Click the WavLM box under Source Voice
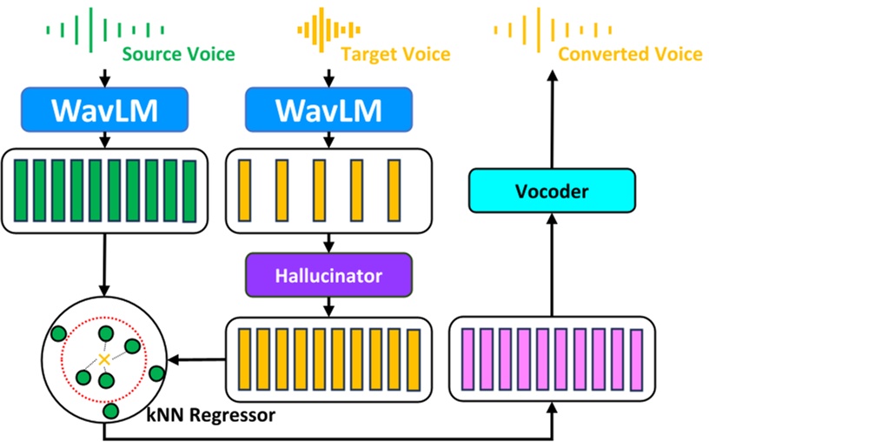pos(104,110)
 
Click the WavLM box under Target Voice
pos(328,110)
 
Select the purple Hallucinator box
pos(328,277)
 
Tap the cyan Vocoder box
pos(552,191)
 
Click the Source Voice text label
pos(178,54)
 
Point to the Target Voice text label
pos(395,54)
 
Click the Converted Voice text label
pos(630,54)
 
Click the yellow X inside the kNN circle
pos(104,358)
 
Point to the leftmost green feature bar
pos(19,191)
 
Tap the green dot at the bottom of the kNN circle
pos(110,410)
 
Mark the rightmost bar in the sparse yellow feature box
pos(394,191)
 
